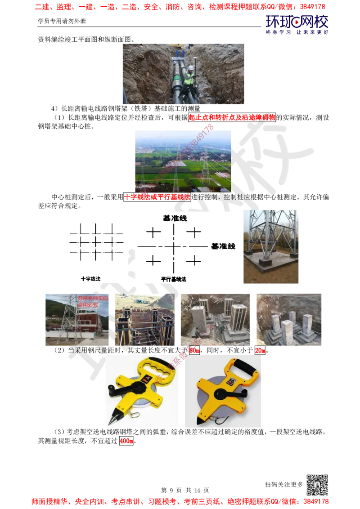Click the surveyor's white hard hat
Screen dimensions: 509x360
[190, 67]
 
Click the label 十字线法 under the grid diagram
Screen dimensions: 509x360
[90, 279]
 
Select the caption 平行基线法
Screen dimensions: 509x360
[173, 279]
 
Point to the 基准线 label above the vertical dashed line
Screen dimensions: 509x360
[175, 218]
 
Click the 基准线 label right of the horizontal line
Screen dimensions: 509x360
[223, 246]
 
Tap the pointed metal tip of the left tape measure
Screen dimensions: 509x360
[108, 422]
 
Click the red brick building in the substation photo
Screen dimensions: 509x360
[83, 322]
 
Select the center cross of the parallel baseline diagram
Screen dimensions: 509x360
[173, 246]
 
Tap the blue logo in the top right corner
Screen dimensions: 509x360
[297, 23]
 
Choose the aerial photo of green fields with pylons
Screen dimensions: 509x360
[183, 161]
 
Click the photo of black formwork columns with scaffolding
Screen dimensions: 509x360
[144, 320]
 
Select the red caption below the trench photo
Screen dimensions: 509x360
[232, 117]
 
